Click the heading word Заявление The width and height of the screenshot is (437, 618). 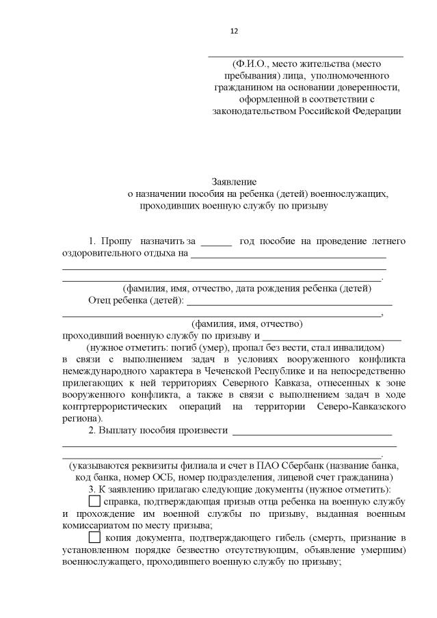click(x=235, y=182)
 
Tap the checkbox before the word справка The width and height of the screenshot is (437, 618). click(x=94, y=502)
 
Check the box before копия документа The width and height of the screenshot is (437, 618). click(x=94, y=537)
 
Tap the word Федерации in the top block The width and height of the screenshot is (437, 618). click(x=377, y=111)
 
